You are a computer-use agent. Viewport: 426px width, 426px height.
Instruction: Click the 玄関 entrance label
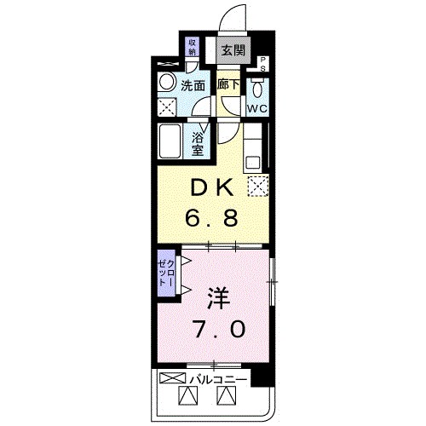[233, 50]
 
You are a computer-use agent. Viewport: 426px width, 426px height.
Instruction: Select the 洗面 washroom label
[193, 85]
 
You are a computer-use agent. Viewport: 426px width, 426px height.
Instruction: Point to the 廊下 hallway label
[228, 84]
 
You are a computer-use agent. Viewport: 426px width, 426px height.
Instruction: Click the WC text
[257, 110]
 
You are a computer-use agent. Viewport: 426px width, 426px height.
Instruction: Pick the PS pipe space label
[263, 63]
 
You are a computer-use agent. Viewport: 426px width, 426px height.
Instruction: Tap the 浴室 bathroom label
[197, 143]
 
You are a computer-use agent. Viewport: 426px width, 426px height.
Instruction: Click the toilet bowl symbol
[257, 88]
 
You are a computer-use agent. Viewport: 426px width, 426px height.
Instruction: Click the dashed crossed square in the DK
[257, 187]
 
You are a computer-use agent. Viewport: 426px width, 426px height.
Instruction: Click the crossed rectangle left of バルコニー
[173, 377]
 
